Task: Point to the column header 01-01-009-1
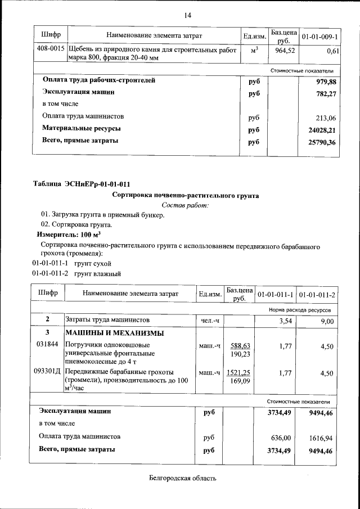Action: pyautogui.click(x=320, y=37)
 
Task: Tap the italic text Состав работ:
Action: pyautogui.click(x=185, y=205)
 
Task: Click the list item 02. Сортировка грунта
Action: pyautogui.click(x=73, y=225)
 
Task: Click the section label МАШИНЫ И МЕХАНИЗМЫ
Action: pyautogui.click(x=115, y=333)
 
